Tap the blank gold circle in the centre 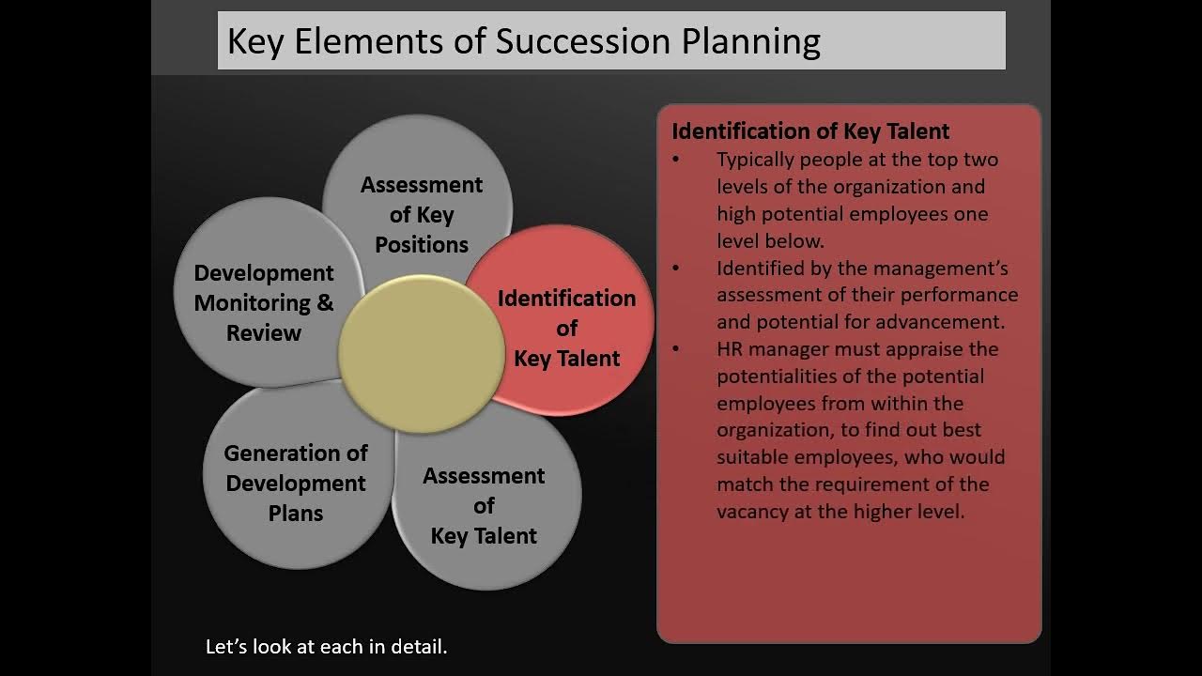(x=421, y=353)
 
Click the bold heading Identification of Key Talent (x=810, y=131)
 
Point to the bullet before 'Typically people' (x=676, y=160)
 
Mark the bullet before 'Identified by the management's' (x=676, y=269)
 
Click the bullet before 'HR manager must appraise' (x=676, y=349)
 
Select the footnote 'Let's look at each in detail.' (x=327, y=647)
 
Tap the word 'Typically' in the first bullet (x=757, y=160)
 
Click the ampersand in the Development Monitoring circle (x=325, y=303)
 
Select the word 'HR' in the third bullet (x=731, y=349)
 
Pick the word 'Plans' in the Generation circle (x=296, y=514)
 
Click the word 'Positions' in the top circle (x=422, y=245)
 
